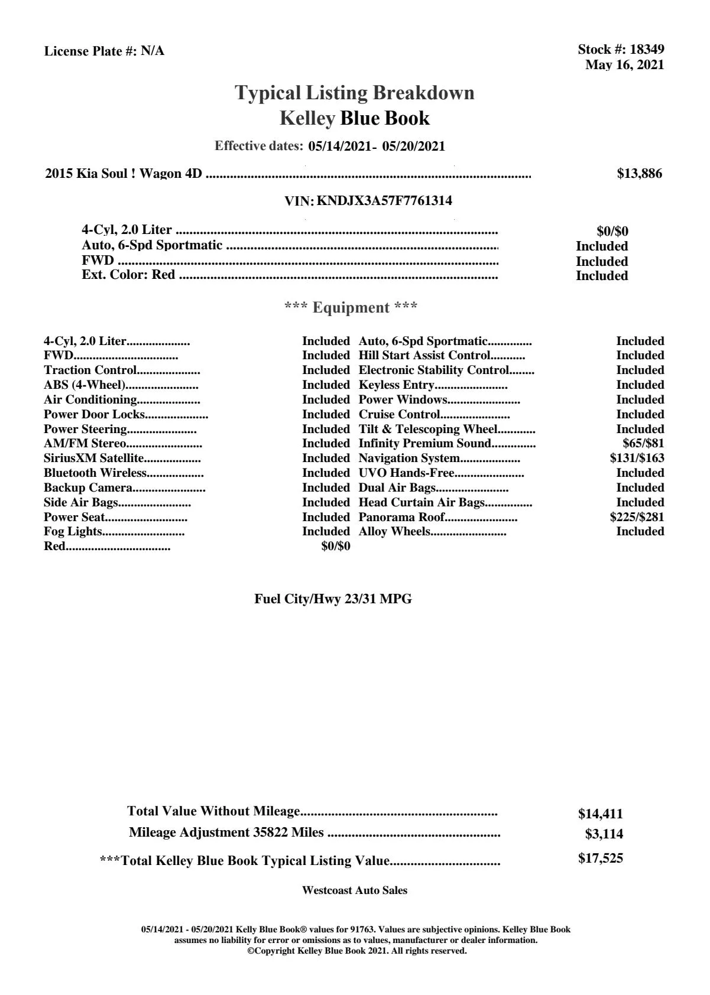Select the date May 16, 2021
tap(624, 65)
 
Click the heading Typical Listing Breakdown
tap(355, 93)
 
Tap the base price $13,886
tap(639, 174)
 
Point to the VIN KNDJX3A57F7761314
tap(384, 201)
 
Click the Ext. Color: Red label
tap(128, 275)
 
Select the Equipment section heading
tap(351, 307)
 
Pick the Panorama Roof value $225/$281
tap(637, 517)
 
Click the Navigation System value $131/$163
tap(637, 458)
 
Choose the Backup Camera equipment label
tap(88, 487)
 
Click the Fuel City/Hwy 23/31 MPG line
tap(333, 599)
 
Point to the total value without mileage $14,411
tap(600, 814)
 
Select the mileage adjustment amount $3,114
tap(604, 834)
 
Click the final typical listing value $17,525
tap(600, 859)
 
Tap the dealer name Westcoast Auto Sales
tap(354, 890)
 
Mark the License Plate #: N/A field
tap(104, 51)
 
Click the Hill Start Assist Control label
tap(424, 356)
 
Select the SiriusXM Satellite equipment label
tap(94, 458)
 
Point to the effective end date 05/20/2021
tap(414, 146)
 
